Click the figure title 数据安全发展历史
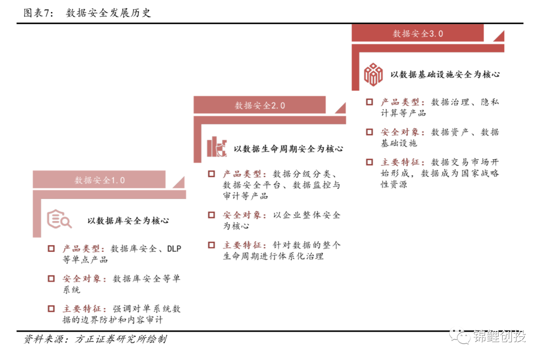108,13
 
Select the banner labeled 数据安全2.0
259,105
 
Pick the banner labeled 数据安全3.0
418,33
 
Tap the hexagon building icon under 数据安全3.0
373,74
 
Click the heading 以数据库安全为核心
128,221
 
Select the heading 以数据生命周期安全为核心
288,149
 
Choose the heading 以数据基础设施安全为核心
445,75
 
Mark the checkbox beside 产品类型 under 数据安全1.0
51,249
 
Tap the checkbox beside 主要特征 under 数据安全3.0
370,162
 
